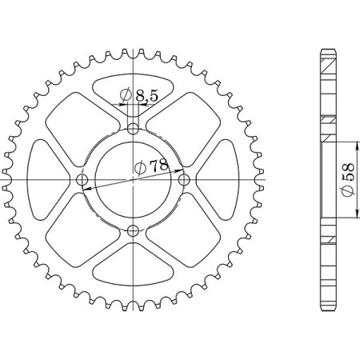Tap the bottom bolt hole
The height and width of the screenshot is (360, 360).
pos(133,232)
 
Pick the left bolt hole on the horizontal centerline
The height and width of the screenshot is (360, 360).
pos(80,179)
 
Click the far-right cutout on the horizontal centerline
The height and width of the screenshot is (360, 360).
pos(215,179)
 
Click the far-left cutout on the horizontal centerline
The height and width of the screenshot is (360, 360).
pos(50,179)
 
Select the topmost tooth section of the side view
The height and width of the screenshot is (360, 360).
pos(328,61)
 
